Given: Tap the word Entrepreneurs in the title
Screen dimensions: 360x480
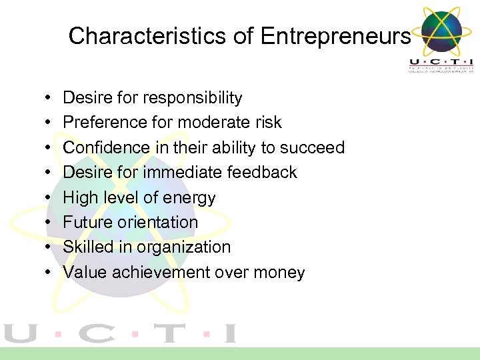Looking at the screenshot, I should (335, 36).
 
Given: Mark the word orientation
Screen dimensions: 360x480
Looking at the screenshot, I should (159, 222).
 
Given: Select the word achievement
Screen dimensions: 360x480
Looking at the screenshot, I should (163, 273).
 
